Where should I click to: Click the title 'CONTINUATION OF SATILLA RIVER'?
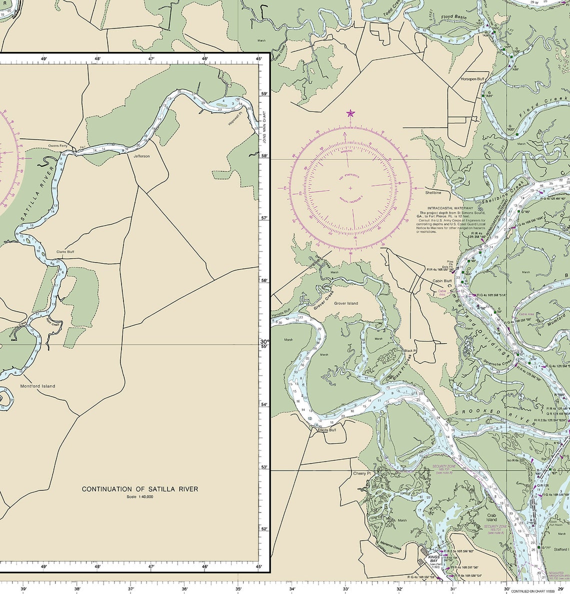[x=140, y=489]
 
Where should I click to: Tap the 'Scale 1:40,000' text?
[x=140, y=497]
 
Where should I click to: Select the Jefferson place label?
[x=141, y=156]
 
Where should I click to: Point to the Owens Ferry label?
[x=57, y=145]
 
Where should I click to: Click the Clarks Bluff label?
[x=65, y=252]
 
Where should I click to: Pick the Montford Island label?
[x=37, y=386]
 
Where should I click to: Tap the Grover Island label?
[x=346, y=303]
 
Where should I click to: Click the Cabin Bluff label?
[x=441, y=281]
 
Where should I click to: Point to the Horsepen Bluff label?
[x=472, y=79]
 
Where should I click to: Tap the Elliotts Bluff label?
[x=327, y=429]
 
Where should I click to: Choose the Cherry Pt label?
[x=361, y=473]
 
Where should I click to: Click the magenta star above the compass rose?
[x=350, y=113]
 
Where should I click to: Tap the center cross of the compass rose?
[x=350, y=188]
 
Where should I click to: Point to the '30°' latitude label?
[x=264, y=342]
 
